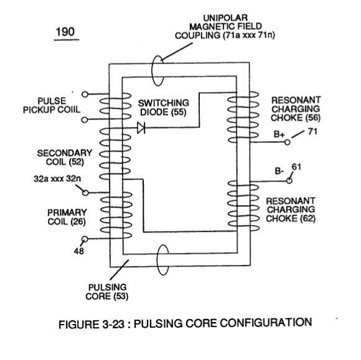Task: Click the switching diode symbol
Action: [x=141, y=127]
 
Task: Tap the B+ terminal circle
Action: [x=288, y=142]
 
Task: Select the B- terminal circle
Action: [x=289, y=181]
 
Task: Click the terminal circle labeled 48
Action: [x=85, y=239]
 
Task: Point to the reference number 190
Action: [x=65, y=32]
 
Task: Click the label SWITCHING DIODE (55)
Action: [x=164, y=108]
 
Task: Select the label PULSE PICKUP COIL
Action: [x=52, y=105]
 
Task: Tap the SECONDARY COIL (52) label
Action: [x=65, y=157]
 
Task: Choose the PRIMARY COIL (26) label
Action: [x=67, y=217]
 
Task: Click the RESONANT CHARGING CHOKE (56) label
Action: [x=296, y=109]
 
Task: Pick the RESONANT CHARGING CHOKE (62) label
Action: [x=291, y=210]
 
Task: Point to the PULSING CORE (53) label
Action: [x=107, y=292]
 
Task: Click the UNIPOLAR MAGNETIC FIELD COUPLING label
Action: [x=225, y=27]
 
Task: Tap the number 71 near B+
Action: [x=312, y=132]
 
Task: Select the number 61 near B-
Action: [x=296, y=167]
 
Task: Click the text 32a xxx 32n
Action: [x=57, y=178]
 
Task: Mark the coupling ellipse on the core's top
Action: [x=152, y=71]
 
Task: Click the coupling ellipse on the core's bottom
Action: [x=157, y=260]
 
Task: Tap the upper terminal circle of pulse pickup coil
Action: [x=85, y=94]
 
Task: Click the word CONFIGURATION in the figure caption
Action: [x=266, y=323]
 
